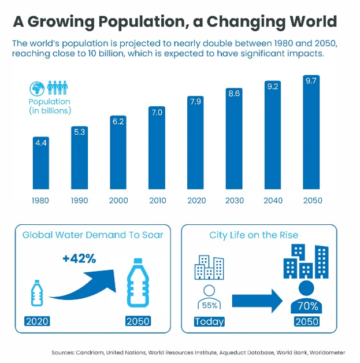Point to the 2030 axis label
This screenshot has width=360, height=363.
click(235, 200)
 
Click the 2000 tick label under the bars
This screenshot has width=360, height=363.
click(118, 200)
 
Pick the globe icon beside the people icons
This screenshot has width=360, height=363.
click(37, 88)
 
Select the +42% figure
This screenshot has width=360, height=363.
click(79, 258)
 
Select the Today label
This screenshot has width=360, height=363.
click(209, 321)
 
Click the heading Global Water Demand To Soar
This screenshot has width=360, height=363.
click(92, 235)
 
